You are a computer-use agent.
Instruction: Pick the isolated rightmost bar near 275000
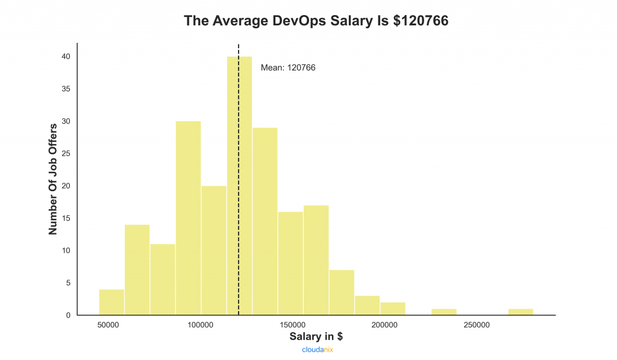click(521, 312)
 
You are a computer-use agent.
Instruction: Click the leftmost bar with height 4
click(111, 302)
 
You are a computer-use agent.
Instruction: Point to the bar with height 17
click(316, 260)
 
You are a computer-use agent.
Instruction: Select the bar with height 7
click(342, 292)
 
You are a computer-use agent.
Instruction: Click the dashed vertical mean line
click(239, 121)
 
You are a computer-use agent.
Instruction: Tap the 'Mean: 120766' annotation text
click(288, 68)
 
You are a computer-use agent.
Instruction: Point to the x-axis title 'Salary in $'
click(316, 336)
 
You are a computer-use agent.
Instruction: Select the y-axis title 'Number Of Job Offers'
click(53, 179)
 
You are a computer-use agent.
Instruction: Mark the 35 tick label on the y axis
click(66, 89)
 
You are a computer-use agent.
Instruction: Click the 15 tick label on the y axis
click(66, 218)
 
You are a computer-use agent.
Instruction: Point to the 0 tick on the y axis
click(68, 315)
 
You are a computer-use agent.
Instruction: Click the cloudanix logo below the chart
click(318, 349)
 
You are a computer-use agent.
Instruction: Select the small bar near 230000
click(444, 312)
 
